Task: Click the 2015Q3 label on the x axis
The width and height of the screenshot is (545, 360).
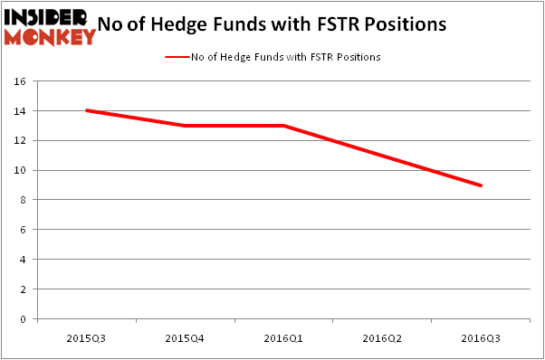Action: (x=86, y=337)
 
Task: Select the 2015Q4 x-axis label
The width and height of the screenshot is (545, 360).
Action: (x=185, y=337)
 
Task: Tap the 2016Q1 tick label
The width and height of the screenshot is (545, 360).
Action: (x=283, y=337)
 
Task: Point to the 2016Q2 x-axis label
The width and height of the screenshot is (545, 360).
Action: (x=382, y=337)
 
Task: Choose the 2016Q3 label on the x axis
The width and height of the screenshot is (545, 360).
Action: (x=481, y=337)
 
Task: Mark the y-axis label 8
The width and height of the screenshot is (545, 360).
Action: (x=25, y=200)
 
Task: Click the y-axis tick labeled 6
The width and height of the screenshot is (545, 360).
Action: (x=25, y=230)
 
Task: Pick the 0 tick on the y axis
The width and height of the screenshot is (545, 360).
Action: (x=25, y=319)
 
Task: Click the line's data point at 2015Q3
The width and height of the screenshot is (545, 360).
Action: (x=86, y=110)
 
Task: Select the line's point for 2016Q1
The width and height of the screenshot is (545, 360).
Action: (x=283, y=126)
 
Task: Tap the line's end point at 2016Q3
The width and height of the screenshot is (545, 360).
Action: (x=481, y=185)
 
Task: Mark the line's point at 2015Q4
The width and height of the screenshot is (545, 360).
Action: (x=185, y=126)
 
